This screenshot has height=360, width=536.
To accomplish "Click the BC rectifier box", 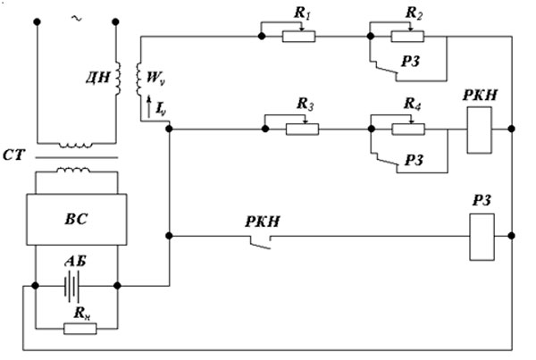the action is (77, 219).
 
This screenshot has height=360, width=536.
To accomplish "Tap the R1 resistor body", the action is (298, 37).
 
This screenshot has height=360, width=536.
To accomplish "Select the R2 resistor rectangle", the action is (407, 37).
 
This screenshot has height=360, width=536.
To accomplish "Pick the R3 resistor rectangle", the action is (302, 130).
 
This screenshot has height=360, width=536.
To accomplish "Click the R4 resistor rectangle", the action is (408, 130).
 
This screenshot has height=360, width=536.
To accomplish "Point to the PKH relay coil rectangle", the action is (480, 130).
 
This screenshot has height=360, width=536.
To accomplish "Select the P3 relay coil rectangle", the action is (482, 237).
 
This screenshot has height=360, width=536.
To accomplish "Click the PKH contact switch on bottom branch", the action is (261, 241).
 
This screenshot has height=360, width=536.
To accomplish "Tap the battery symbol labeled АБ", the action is (71, 286).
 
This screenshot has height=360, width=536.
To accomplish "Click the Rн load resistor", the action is (80, 329).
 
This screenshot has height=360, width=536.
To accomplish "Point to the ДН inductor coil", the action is (117, 78).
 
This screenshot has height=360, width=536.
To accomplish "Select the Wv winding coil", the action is (139, 80).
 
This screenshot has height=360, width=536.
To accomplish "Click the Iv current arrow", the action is (148, 107).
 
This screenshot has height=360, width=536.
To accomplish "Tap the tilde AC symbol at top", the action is (77, 18).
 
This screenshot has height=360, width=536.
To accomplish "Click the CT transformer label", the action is (13, 155).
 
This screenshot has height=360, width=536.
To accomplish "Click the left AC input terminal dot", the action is (38, 21).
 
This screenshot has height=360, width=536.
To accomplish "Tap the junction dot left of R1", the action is (262, 36).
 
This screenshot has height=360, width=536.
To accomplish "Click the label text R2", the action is (414, 13).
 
